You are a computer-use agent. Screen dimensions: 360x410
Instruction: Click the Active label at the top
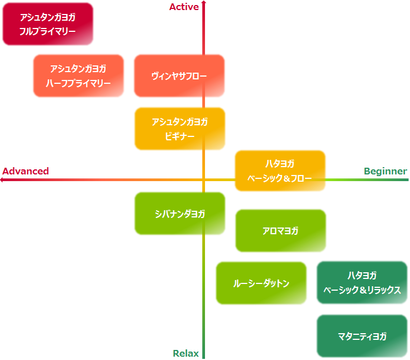184,7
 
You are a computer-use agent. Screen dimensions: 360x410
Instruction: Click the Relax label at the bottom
185,353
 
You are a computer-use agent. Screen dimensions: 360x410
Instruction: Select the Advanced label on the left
26,171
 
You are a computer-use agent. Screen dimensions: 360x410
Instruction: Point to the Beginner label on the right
385,171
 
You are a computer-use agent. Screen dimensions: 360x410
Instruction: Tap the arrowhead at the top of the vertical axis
204,3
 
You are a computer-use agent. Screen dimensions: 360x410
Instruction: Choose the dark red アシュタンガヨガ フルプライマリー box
47,24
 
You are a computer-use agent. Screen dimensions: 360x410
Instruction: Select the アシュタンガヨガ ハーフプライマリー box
78,75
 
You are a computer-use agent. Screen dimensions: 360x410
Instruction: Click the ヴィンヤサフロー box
179,75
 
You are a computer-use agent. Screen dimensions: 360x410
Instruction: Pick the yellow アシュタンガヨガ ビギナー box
179,129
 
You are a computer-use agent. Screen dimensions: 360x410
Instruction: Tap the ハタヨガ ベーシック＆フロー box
280,170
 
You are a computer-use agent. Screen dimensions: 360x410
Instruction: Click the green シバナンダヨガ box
179,214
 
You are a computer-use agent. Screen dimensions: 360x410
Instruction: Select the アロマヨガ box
280,230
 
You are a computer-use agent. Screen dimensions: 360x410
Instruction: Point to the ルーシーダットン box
261,283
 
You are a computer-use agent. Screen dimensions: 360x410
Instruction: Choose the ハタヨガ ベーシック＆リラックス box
361,282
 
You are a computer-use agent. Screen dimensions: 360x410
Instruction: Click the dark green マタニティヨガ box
361,336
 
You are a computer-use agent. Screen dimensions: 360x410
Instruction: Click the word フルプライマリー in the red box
47,31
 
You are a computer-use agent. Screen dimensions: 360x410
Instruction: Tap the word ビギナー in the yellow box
179,136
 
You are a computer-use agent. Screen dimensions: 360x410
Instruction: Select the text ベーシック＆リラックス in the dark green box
361,290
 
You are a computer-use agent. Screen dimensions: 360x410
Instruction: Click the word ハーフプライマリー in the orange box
78,83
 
